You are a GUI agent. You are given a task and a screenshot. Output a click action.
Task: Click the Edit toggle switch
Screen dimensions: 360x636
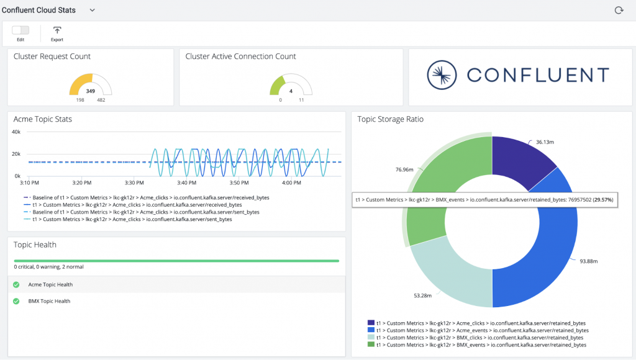coord(20,30)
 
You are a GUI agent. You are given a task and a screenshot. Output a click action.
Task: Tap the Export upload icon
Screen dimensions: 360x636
coord(57,30)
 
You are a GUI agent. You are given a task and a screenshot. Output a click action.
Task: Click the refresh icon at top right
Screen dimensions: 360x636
coord(618,10)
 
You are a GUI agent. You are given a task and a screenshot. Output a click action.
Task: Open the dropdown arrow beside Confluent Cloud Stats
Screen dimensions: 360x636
coord(92,10)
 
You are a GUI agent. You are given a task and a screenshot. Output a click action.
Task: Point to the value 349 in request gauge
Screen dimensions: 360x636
coord(91,91)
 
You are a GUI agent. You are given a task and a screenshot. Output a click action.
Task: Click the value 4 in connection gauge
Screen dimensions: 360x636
coord(291,91)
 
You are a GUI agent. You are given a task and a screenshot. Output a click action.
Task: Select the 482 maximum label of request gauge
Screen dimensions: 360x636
coord(101,100)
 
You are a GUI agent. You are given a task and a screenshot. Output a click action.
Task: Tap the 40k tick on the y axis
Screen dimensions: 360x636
coord(17,132)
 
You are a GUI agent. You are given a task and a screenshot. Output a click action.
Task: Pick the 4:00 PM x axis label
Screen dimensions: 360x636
coord(292,183)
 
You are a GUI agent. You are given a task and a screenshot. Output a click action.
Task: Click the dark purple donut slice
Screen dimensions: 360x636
coord(518,161)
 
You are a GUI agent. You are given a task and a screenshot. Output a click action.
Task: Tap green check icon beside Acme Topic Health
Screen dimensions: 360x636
coord(16,285)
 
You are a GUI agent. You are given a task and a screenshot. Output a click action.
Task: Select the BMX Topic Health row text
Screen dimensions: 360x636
coord(49,301)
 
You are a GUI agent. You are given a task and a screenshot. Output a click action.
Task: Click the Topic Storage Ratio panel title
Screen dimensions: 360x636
coord(390,119)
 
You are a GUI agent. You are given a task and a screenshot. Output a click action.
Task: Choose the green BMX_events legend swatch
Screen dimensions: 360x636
coord(371,344)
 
